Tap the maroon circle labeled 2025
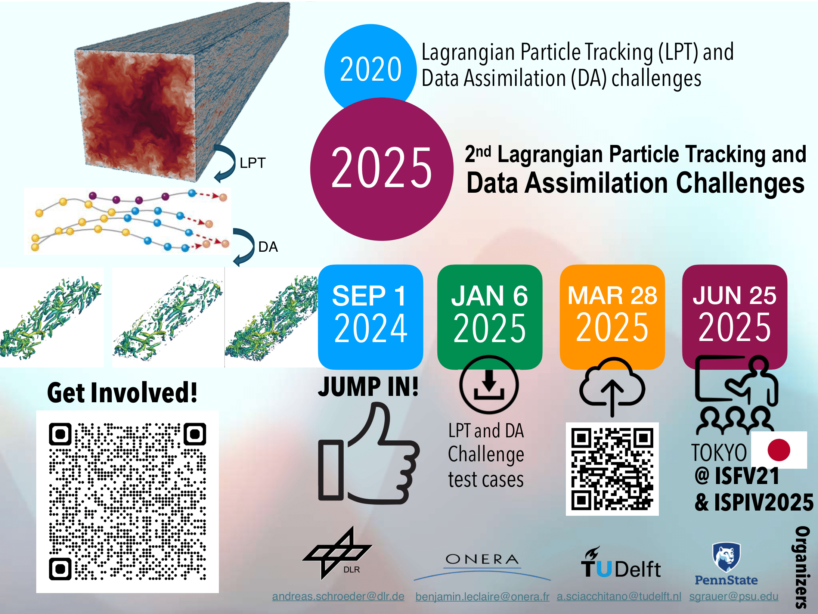pyautogui.click(x=382, y=169)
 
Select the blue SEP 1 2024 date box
pyautogui.click(x=371, y=317)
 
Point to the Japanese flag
pyautogui.click(x=779, y=450)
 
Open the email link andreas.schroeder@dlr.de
pyautogui.click(x=338, y=596)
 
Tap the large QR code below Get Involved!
pyautogui.click(x=127, y=502)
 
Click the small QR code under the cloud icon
pyautogui.click(x=612, y=469)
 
